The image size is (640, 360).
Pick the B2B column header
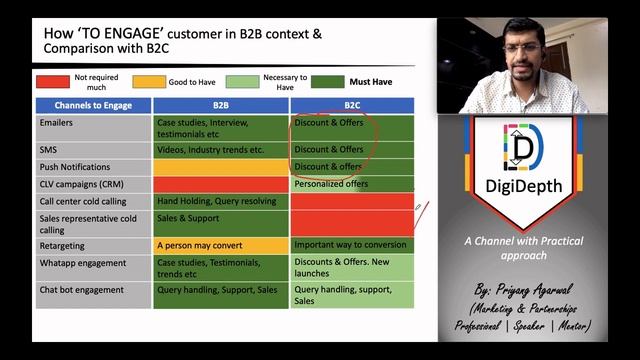point(221,104)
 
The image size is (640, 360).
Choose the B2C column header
point(352,104)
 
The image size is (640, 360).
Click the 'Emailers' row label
point(58,123)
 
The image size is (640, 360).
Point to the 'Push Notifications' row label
point(75,167)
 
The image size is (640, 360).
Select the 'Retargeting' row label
point(63,245)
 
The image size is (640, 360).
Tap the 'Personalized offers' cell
point(331,184)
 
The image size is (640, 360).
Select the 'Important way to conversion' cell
point(349,245)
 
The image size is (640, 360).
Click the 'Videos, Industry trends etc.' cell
point(210,150)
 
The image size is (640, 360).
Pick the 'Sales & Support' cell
point(188,218)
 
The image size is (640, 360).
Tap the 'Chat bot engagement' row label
point(81,290)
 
